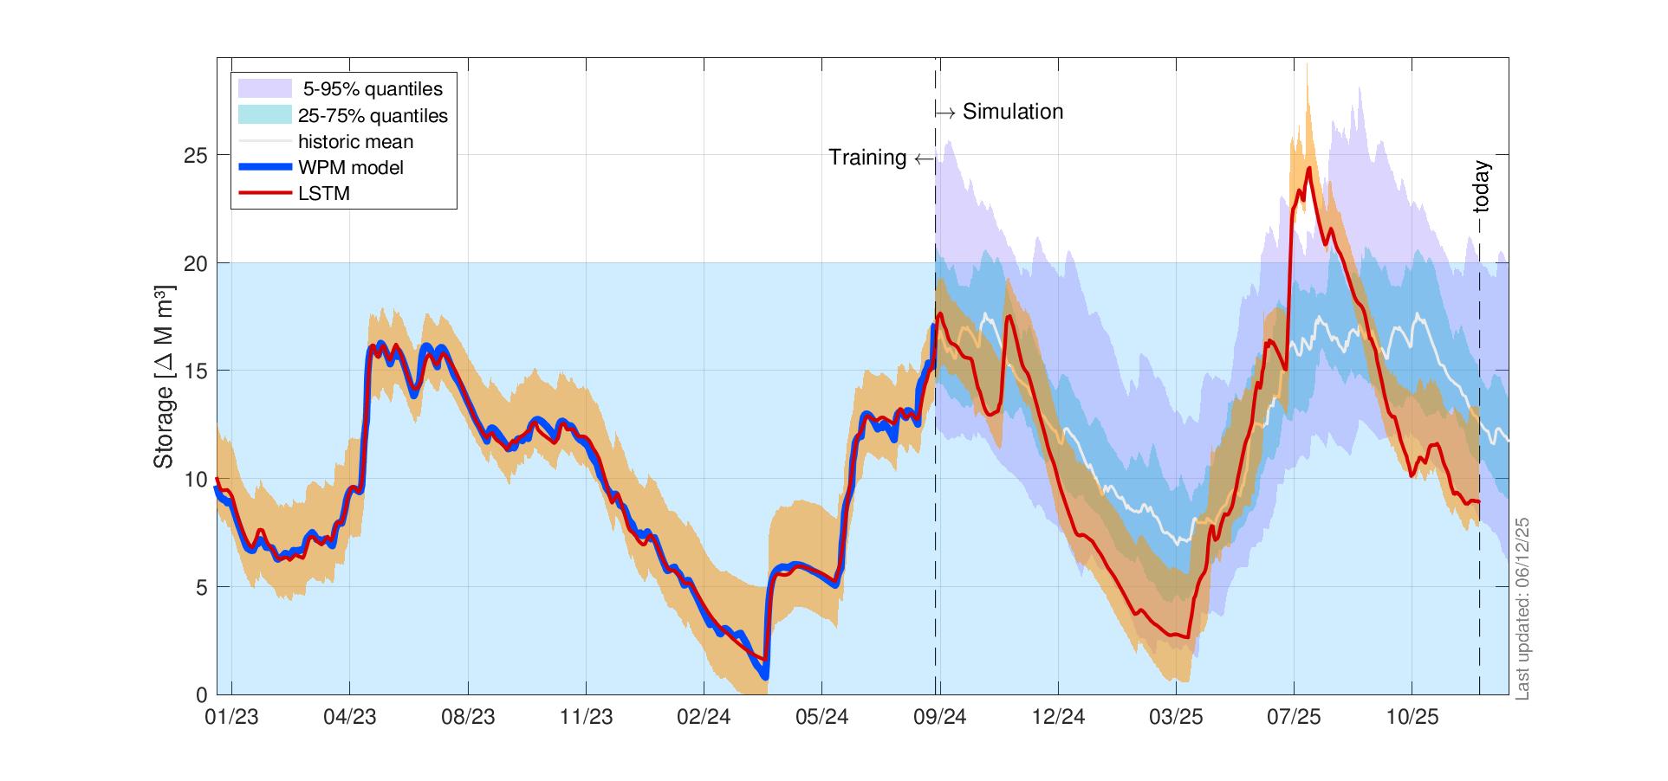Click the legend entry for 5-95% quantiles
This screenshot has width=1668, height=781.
tap(372, 89)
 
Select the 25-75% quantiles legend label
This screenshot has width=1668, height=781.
tap(372, 115)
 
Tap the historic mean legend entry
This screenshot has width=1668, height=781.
tap(355, 141)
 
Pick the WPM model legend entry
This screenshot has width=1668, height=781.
tap(350, 167)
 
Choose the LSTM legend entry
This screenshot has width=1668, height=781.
tap(323, 193)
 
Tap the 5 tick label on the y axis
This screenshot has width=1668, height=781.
tap(200, 587)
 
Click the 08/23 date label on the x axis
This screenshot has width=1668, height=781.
tap(467, 718)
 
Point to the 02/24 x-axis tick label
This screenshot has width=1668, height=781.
tap(704, 718)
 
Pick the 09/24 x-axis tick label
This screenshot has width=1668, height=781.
tap(940, 718)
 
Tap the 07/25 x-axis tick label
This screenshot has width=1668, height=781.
tap(1294, 718)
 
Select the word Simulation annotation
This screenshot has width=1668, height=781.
tap(1012, 112)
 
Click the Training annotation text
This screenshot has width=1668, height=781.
tap(867, 158)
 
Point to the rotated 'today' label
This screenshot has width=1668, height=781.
tap(1481, 187)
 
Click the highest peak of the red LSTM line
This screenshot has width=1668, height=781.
tap(1308, 168)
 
